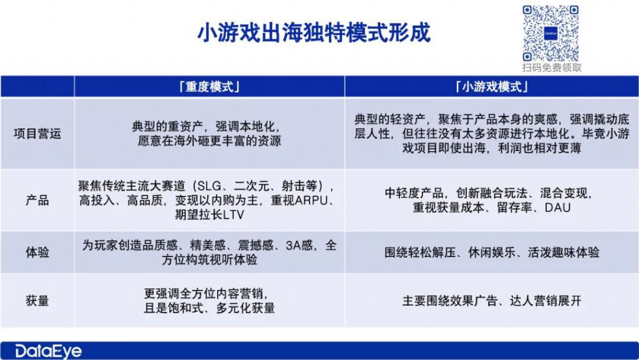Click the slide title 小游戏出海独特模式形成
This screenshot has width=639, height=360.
(314, 32)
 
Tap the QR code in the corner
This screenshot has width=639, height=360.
(551, 34)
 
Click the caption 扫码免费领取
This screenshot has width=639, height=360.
(552, 67)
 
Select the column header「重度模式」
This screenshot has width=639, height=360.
(210, 87)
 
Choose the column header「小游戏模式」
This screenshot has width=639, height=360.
(492, 87)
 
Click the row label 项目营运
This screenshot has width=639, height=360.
(37, 134)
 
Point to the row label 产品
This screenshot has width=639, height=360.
(37, 200)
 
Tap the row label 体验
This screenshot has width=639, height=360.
(37, 252)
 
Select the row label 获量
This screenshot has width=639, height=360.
(37, 301)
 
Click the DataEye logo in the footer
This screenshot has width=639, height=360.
(48, 351)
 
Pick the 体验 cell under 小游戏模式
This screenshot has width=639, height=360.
(492, 253)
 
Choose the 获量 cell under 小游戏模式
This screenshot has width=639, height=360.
(492, 301)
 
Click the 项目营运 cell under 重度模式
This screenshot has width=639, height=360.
(210, 134)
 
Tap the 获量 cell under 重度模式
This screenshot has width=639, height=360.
(210, 301)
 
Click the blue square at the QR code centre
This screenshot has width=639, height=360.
(550, 34)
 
